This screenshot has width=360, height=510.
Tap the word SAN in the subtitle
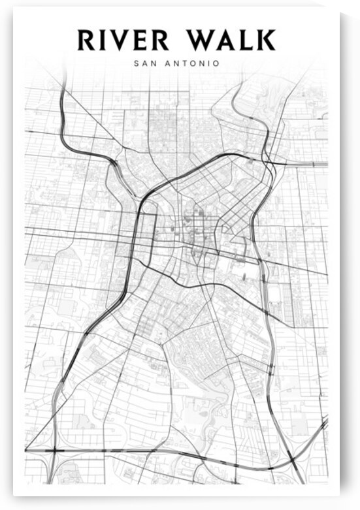(143, 63)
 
